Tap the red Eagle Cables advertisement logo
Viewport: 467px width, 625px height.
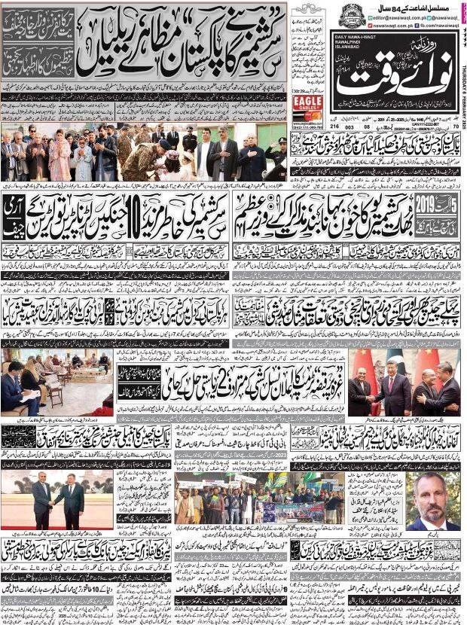point(307,105)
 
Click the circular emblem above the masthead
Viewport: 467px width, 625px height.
point(351,15)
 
